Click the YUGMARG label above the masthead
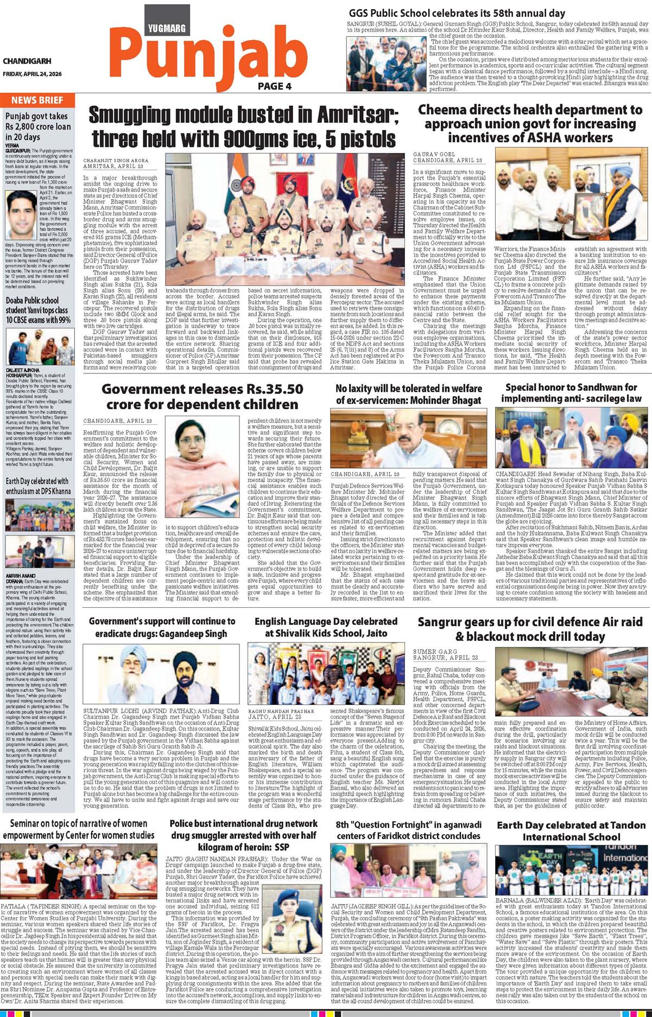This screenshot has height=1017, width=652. tap(167, 28)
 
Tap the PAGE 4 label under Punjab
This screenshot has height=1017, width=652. tap(275, 86)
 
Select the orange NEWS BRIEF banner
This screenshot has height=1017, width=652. tap(37, 100)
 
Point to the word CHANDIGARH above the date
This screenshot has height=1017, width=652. tap(27, 61)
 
